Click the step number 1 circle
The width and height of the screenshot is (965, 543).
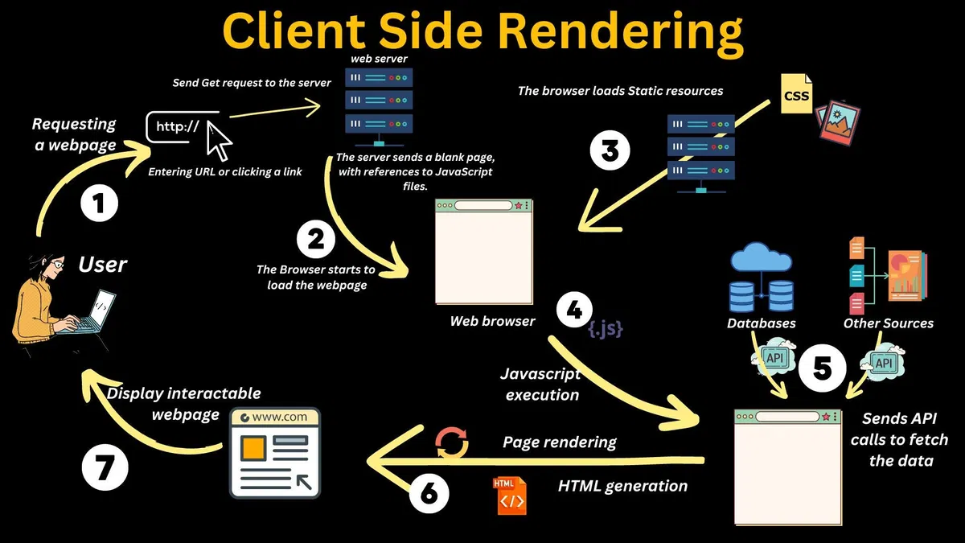coord(99,204)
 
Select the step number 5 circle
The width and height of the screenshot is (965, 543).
coord(822,368)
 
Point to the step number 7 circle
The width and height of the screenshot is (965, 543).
coord(105,469)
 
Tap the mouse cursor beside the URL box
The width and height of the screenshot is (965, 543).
coord(218,142)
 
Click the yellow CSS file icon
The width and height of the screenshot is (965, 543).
coord(796,95)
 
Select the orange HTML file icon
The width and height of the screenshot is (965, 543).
coord(510,496)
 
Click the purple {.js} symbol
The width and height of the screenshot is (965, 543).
coord(605,328)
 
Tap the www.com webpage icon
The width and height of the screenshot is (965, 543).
coord(275,453)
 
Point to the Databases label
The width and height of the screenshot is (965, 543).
coord(761,323)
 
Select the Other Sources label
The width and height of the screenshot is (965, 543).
coord(888,323)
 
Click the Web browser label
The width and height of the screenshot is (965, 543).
coord(492,321)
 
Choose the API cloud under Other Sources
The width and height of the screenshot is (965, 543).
coord(884,364)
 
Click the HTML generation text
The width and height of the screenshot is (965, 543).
coord(622,486)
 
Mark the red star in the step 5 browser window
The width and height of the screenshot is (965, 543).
coord(825,417)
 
